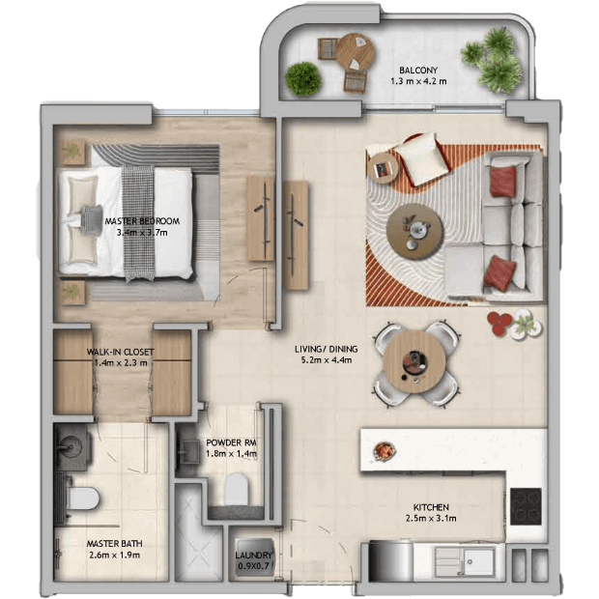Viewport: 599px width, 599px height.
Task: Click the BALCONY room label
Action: [418, 71]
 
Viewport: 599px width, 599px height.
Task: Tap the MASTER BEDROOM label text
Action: [142, 221]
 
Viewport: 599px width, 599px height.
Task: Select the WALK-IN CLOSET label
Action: [121, 352]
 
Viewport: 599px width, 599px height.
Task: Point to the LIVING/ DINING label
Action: [327, 349]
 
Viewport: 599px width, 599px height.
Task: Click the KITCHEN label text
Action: [431, 507]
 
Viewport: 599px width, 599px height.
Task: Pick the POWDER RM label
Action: [231, 442]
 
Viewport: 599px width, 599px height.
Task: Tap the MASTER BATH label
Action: [115, 544]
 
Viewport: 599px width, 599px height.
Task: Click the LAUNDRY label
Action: [253, 556]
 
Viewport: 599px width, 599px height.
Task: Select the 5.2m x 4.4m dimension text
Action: [327, 359]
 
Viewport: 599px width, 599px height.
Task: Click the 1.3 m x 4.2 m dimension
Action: [418, 81]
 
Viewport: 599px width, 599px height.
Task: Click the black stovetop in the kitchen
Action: [526, 506]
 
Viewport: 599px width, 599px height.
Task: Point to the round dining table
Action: [414, 361]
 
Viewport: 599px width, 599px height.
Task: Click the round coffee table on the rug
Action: [414, 232]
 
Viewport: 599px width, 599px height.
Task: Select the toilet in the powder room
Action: [236, 489]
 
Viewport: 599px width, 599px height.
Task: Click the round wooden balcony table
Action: [355, 52]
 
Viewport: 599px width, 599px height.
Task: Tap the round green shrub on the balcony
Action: [303, 79]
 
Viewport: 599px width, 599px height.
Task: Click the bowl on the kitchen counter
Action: [384, 451]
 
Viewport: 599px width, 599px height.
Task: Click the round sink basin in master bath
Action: [71, 447]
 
